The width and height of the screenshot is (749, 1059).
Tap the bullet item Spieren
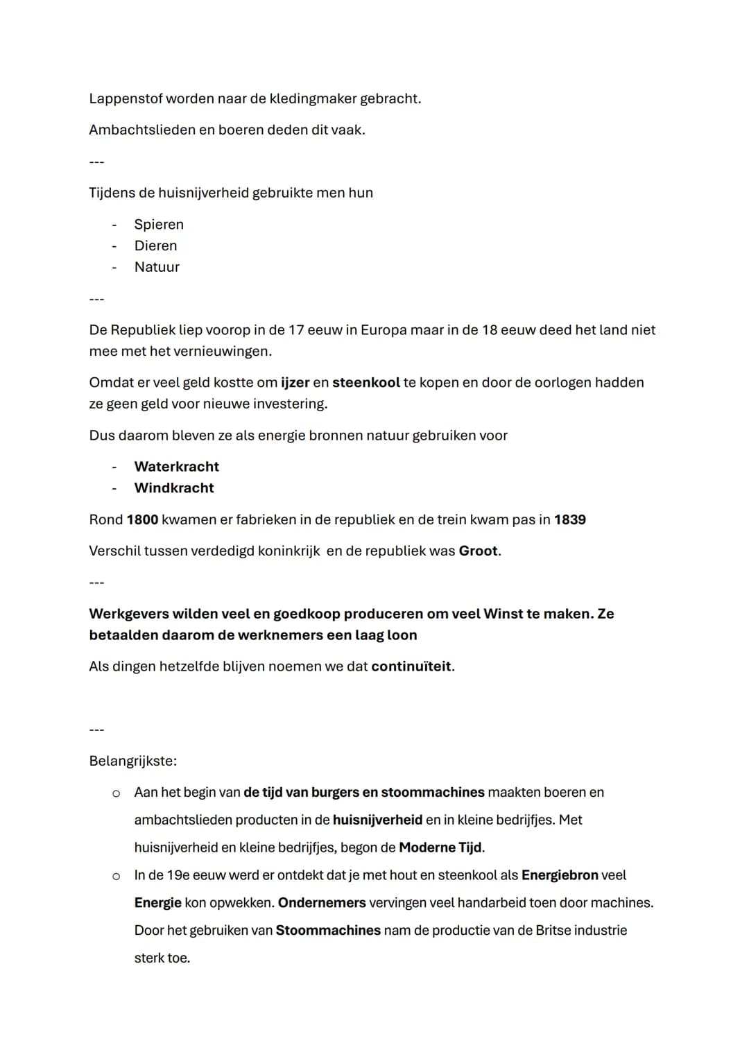coord(159,224)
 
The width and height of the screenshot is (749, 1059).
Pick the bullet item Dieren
coord(155,246)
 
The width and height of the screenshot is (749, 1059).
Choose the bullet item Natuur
coord(157,267)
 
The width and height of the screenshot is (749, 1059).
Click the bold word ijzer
coord(295,382)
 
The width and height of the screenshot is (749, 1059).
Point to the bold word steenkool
coord(365,382)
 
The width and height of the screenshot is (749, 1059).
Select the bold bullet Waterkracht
coord(176,467)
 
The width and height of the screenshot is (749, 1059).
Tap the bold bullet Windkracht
coord(174,488)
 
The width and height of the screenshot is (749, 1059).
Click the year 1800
coord(142,519)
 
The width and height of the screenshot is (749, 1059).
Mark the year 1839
coord(569,519)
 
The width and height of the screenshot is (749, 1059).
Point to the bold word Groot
coord(478,551)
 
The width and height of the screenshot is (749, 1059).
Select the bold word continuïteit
coord(411,666)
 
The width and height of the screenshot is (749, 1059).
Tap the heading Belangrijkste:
coord(132,761)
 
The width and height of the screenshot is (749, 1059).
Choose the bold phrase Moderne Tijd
coord(441,847)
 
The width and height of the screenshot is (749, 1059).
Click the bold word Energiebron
coord(559,875)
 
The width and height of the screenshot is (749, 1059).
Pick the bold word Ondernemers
coord(322,903)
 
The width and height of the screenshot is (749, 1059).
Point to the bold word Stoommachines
coord(328,930)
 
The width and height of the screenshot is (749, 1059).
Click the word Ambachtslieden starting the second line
coord(141,130)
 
